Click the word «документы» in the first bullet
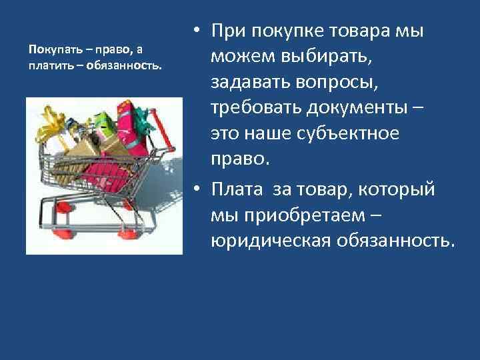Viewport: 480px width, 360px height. point(353,109)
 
